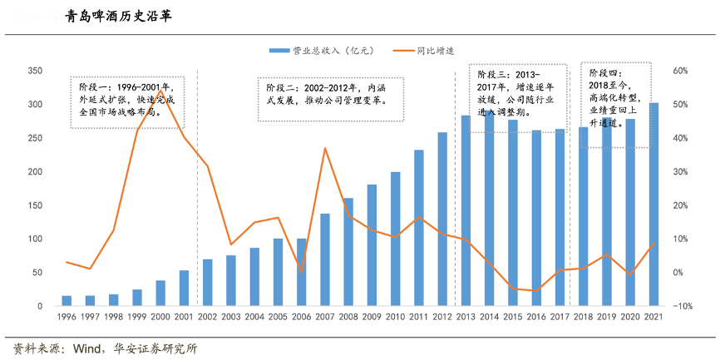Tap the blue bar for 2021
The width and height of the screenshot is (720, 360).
point(654,205)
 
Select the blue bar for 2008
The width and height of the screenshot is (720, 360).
point(348,252)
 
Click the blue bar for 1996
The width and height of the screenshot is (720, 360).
point(67,301)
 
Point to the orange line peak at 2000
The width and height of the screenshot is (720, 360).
point(160,91)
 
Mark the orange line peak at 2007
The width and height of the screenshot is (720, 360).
point(324,149)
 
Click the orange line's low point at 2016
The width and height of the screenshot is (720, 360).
point(536,291)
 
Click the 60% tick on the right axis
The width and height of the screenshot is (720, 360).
point(681,71)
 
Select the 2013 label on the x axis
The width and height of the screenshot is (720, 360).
point(466,317)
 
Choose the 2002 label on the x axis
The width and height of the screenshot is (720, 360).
point(207,317)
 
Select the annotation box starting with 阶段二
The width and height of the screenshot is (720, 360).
point(332,93)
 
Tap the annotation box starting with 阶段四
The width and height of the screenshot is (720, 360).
point(614,104)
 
